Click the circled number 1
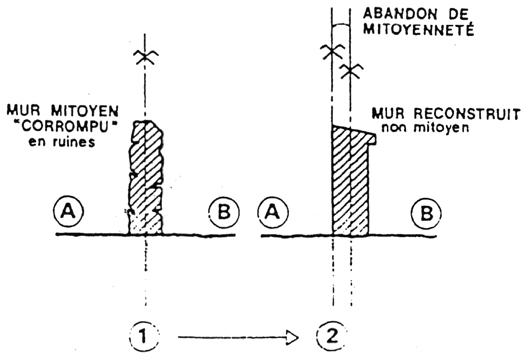(x=144, y=336)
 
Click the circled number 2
(x=332, y=335)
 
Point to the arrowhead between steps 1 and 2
(x=293, y=337)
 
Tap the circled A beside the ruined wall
(x=69, y=211)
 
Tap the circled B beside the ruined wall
(x=224, y=212)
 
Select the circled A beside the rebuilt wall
(x=273, y=212)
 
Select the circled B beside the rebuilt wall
(x=427, y=213)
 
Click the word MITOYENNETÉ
(x=419, y=29)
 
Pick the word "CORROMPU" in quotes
(x=64, y=126)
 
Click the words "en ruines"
(x=61, y=141)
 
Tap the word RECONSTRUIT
(x=467, y=114)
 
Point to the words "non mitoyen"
(x=425, y=127)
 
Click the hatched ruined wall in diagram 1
(x=145, y=178)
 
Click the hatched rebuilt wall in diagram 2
(x=351, y=182)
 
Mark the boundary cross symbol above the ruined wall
(x=145, y=57)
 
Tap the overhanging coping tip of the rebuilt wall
(x=373, y=138)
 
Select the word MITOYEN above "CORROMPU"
(x=85, y=110)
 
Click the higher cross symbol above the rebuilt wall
(x=332, y=51)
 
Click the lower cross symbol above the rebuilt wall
(x=351, y=71)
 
